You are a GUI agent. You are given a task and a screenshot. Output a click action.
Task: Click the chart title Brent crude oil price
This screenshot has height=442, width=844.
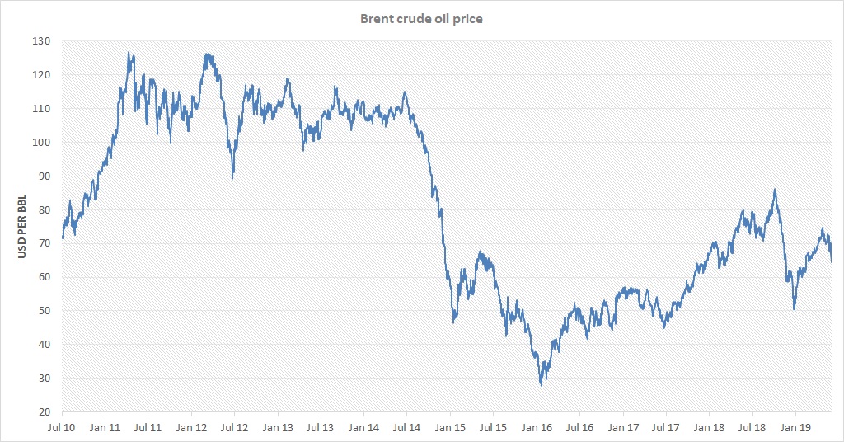[421, 19]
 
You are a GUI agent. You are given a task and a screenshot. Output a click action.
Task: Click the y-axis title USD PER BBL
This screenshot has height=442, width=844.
[22, 227]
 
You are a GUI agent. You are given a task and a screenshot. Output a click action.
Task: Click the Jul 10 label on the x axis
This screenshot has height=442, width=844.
[62, 428]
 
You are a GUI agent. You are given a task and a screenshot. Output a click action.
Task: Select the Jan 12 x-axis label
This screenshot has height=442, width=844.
[191, 428]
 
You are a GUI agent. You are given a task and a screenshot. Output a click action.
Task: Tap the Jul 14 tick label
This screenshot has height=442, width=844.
[407, 428]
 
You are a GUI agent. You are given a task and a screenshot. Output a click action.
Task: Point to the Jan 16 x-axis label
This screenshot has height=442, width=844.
[537, 428]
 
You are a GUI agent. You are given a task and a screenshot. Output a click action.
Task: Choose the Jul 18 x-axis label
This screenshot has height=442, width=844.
[753, 428]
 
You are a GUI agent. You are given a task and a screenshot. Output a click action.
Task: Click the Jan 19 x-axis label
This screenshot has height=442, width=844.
[795, 428]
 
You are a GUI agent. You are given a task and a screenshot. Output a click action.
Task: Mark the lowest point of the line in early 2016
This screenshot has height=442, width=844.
[542, 385]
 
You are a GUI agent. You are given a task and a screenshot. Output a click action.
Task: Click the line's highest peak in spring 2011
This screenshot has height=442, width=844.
[129, 53]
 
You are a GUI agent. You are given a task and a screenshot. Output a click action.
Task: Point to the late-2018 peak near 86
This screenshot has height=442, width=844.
[775, 190]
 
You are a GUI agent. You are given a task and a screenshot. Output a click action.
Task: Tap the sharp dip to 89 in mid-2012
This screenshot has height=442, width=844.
[232, 178]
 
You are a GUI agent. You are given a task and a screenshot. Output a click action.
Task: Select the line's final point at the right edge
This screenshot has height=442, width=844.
[831, 262]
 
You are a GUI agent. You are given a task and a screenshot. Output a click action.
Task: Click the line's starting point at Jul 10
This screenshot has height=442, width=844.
[63, 238]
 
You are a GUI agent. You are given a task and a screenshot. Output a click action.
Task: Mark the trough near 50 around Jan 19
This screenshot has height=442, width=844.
[794, 309]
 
